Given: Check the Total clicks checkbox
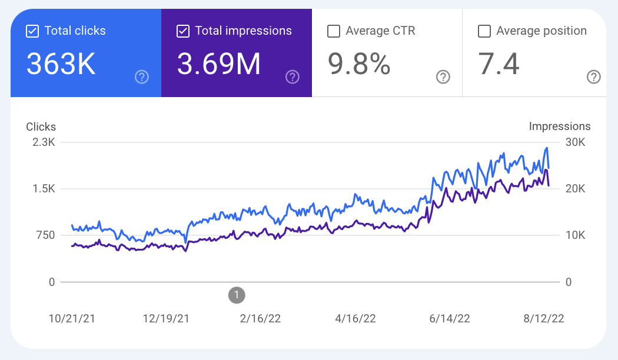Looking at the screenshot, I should pyautogui.click(x=32, y=31).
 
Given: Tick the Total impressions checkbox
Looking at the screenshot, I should pyautogui.click(x=183, y=31).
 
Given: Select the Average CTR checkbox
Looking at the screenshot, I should pyautogui.click(x=334, y=31).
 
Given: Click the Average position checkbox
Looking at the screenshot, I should pyautogui.click(x=484, y=31).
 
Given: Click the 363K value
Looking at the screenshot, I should pyautogui.click(x=61, y=64).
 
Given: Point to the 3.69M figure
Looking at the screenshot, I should pyautogui.click(x=219, y=64).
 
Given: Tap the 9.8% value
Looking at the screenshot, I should pyautogui.click(x=360, y=64).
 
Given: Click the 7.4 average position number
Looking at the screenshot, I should pyautogui.click(x=499, y=64).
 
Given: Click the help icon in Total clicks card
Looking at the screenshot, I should pyautogui.click(x=142, y=76).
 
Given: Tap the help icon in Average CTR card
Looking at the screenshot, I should pyautogui.click(x=443, y=76).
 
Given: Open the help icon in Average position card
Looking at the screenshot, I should pyautogui.click(x=594, y=76).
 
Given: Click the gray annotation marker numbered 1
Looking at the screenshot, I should pyautogui.click(x=236, y=295).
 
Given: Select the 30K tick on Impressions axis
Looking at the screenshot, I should pyautogui.click(x=574, y=142).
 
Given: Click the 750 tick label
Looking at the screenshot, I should pyautogui.click(x=43, y=235).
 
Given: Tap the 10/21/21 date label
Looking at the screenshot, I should pyautogui.click(x=72, y=318).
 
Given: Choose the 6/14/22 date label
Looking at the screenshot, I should pyautogui.click(x=450, y=318).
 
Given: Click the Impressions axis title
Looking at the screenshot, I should pyautogui.click(x=559, y=126).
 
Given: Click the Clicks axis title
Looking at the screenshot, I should pyautogui.click(x=41, y=126).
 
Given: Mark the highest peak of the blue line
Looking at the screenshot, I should pyautogui.click(x=547, y=148).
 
